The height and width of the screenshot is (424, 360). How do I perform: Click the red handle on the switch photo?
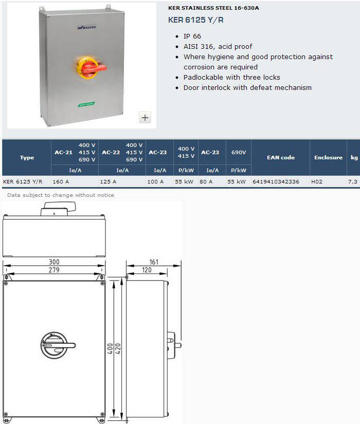click(93, 68)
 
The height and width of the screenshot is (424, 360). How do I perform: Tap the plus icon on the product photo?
click(145, 118)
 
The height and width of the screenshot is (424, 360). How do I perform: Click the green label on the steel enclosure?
click(86, 104)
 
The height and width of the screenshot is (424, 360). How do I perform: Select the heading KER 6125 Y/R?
click(196, 20)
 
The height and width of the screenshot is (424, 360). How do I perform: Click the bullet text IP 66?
click(192, 36)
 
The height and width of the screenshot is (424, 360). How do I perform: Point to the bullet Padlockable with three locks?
click(232, 77)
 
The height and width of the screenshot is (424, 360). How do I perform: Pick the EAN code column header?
click(281, 157)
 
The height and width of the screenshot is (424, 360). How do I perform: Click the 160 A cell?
click(61, 182)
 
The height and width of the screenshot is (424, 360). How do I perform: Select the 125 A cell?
click(108, 182)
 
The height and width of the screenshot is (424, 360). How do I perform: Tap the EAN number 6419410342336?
click(276, 182)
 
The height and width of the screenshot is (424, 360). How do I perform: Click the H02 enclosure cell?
click(317, 182)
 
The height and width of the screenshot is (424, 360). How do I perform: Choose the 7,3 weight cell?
click(353, 182)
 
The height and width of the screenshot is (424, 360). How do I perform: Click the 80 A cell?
click(206, 182)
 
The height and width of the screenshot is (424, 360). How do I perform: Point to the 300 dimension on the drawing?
click(54, 262)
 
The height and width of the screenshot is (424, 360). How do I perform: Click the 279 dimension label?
click(54, 270)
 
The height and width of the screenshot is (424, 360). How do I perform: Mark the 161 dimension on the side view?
click(154, 262)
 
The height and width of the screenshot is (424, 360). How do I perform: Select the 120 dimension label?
click(147, 270)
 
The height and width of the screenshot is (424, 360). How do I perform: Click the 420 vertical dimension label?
click(118, 349)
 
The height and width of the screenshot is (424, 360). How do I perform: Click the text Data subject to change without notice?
click(61, 195)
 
